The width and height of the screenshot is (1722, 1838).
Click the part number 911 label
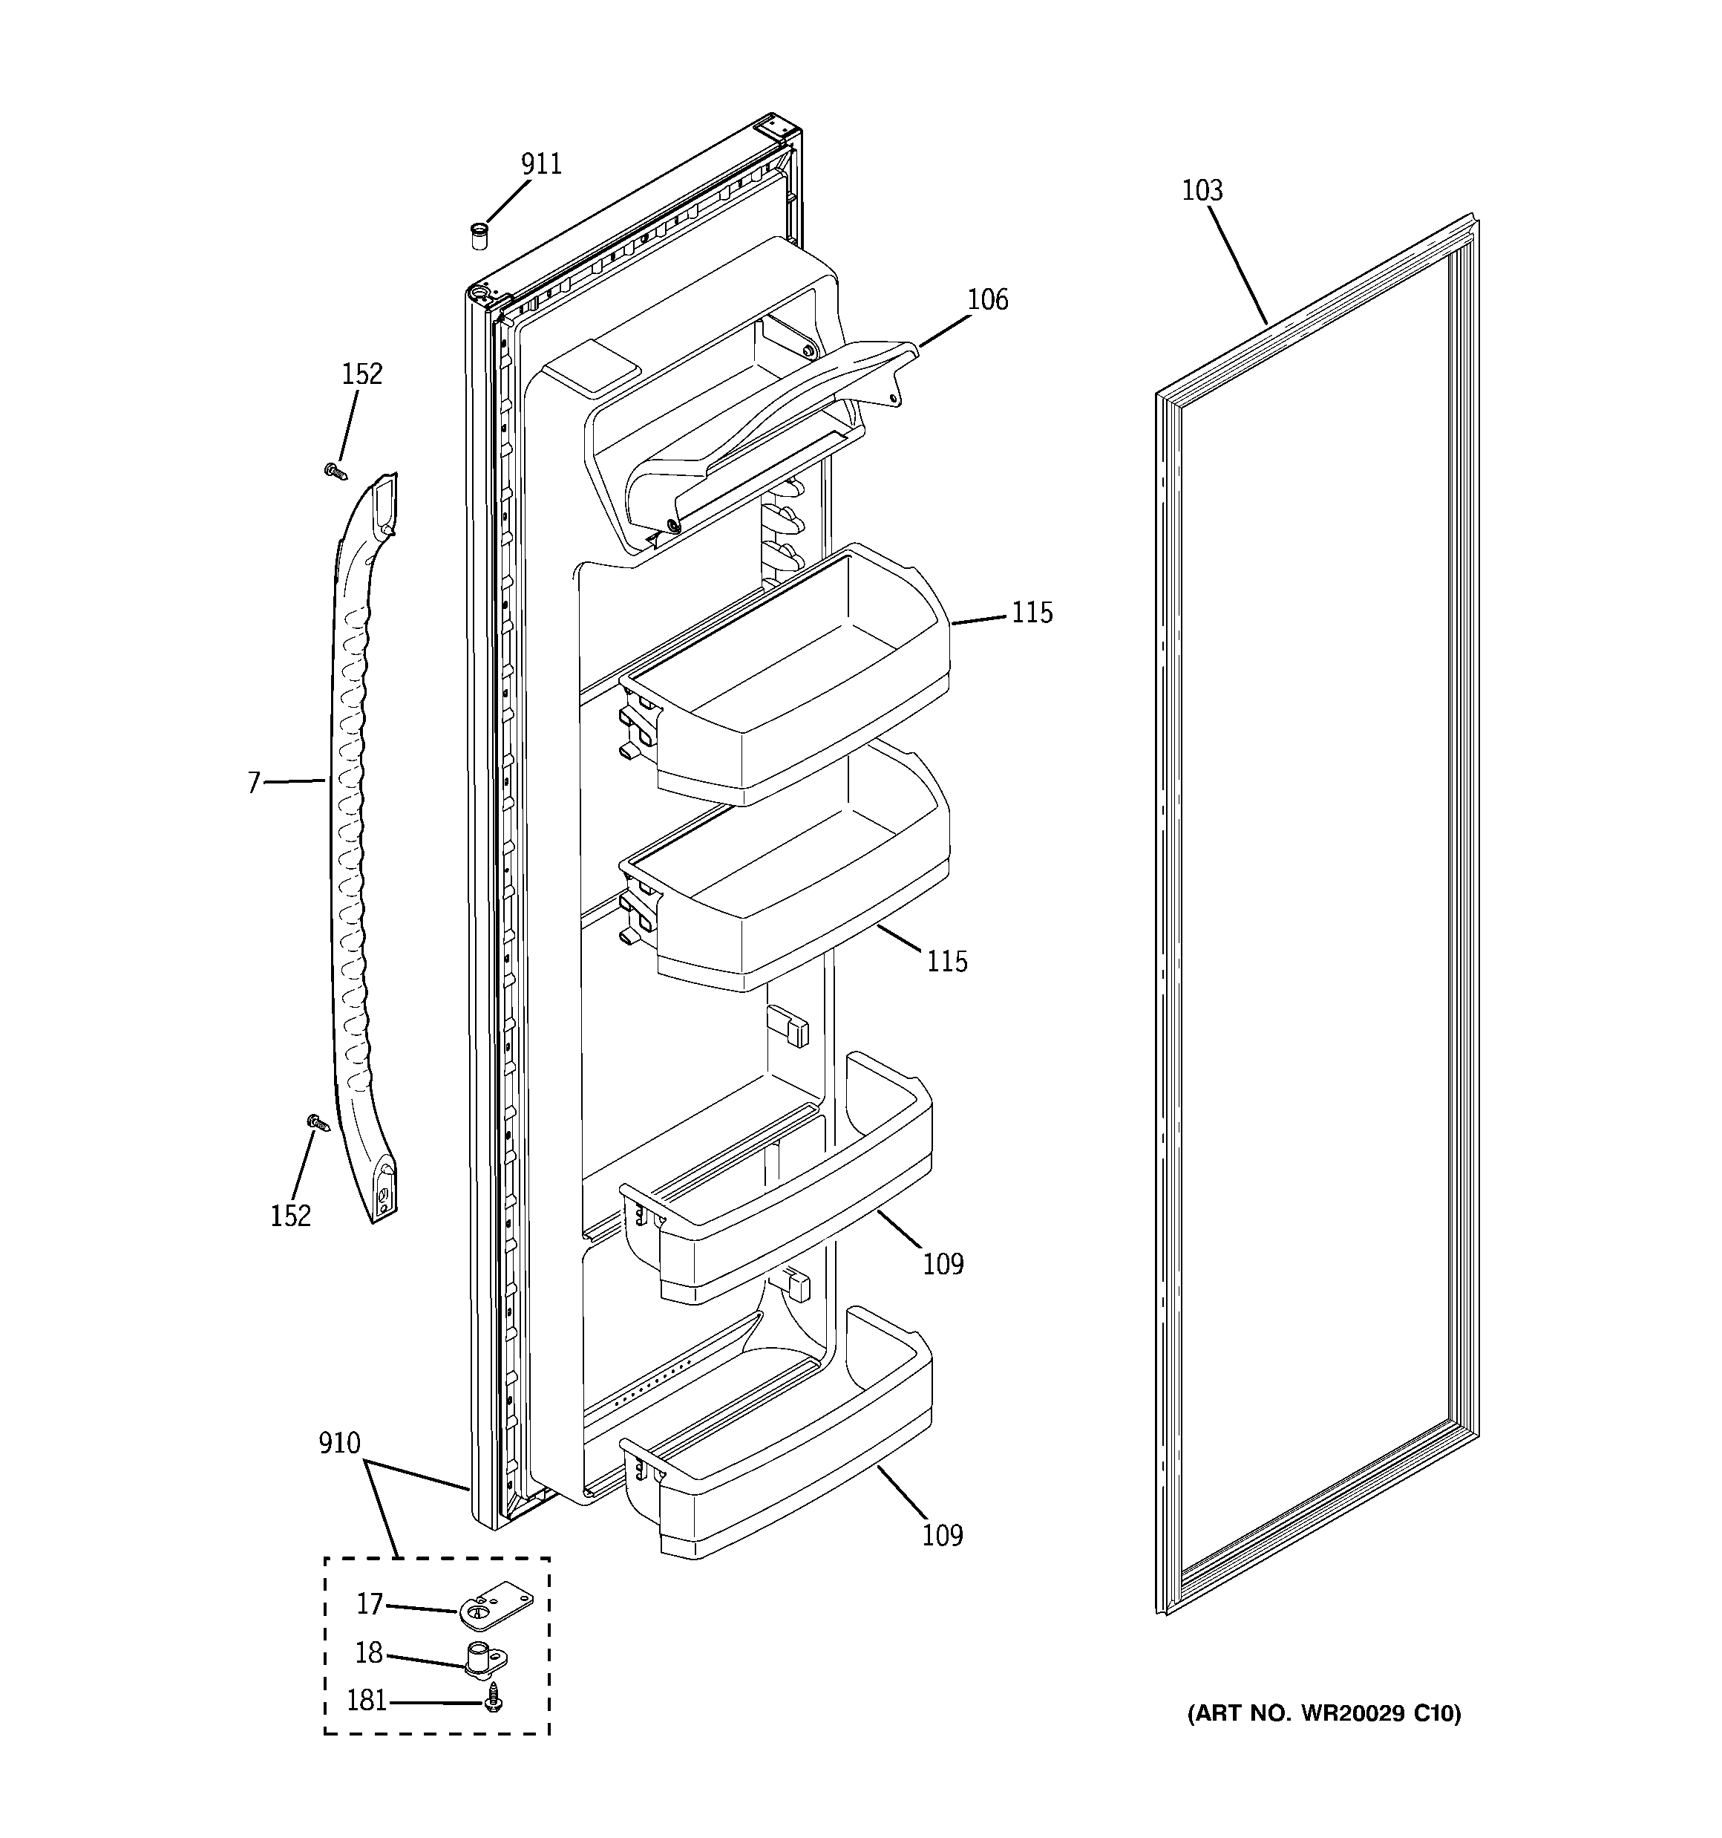click(541, 165)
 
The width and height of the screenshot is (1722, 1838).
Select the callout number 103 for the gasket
click(1202, 190)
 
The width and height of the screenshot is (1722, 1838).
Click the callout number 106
click(987, 299)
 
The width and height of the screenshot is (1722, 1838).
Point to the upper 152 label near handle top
click(361, 374)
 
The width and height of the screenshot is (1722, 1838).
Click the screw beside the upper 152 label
click(335, 472)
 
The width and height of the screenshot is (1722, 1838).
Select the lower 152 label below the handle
click(290, 1216)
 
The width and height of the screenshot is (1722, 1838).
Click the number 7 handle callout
click(254, 783)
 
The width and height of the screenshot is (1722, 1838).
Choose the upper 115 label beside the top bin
click(1032, 613)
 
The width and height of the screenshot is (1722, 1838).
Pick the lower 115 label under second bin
click(946, 962)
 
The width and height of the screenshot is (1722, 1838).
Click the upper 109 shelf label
click(943, 1264)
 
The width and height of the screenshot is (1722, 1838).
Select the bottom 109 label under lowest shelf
click(942, 1536)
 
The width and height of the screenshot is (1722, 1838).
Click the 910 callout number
click(339, 1443)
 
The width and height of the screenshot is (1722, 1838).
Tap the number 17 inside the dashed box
click(369, 1604)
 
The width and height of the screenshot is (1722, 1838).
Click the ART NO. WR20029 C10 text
click(1323, 1714)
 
